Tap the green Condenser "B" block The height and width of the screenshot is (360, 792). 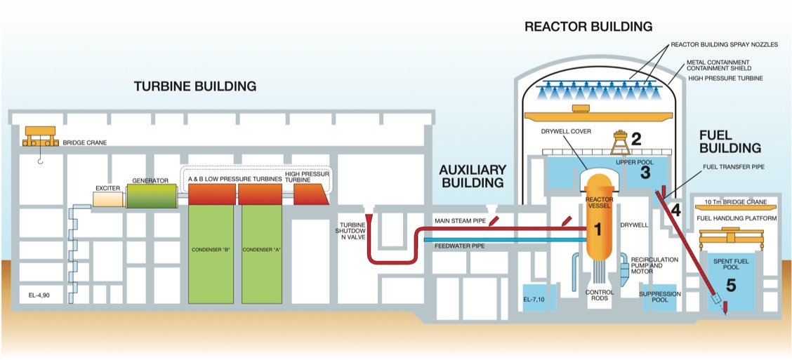[213, 253]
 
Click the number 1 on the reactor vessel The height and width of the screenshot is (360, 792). [598, 229]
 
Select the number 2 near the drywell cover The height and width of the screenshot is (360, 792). [636, 138]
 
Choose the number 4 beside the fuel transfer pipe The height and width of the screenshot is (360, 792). [675, 209]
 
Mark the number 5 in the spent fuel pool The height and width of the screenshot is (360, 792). [731, 285]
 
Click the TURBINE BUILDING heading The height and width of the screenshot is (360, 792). [195, 86]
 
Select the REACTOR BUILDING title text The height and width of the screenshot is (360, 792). [588, 27]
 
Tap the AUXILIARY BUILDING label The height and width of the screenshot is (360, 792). [472, 176]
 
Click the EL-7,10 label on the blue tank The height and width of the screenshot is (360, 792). [534, 300]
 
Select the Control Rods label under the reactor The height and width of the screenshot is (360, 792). [599, 294]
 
